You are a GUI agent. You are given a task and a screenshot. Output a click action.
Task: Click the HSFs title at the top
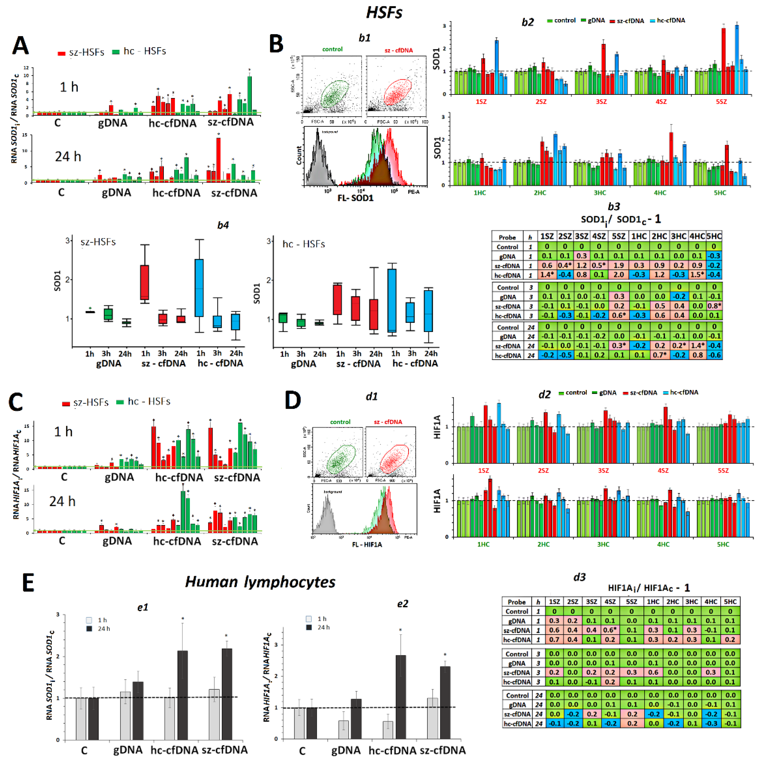click(x=384, y=13)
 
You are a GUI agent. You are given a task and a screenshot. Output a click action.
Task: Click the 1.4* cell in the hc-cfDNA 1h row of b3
click(x=547, y=275)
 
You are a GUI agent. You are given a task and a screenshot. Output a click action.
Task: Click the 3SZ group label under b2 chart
click(x=601, y=102)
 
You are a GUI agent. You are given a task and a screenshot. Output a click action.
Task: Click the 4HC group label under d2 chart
click(x=663, y=544)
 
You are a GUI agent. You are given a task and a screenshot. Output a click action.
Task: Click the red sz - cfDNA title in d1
click(x=388, y=422)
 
